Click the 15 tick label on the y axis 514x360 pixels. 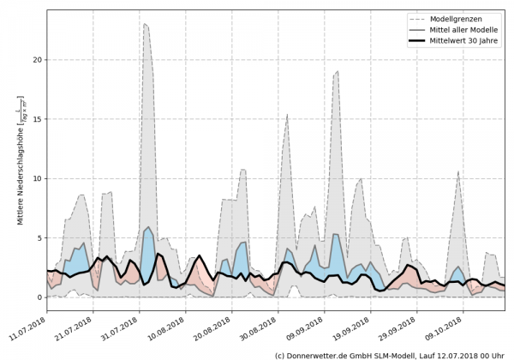coord(36,119)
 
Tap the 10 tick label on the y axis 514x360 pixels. coord(36,178)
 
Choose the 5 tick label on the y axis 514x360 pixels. coord(39,238)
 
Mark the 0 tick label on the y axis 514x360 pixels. coord(39,297)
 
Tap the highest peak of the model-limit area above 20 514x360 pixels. coord(146,24)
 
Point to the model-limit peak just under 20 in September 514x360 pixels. coord(338,71)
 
